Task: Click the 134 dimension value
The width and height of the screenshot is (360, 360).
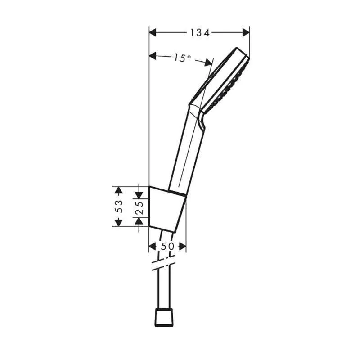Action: [x=200, y=33]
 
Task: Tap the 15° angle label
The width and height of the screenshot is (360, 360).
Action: [x=182, y=58]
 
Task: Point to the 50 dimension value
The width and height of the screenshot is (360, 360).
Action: [x=167, y=247]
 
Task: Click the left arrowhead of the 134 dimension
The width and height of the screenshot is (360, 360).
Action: [x=153, y=32]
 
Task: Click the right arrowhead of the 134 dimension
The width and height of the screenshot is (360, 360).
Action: [x=246, y=32]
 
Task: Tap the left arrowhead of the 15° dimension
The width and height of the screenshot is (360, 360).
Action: [x=153, y=55]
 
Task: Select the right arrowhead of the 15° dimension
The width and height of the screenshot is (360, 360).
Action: [x=208, y=62]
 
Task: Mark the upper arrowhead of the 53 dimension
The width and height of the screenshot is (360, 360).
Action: [x=118, y=190]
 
